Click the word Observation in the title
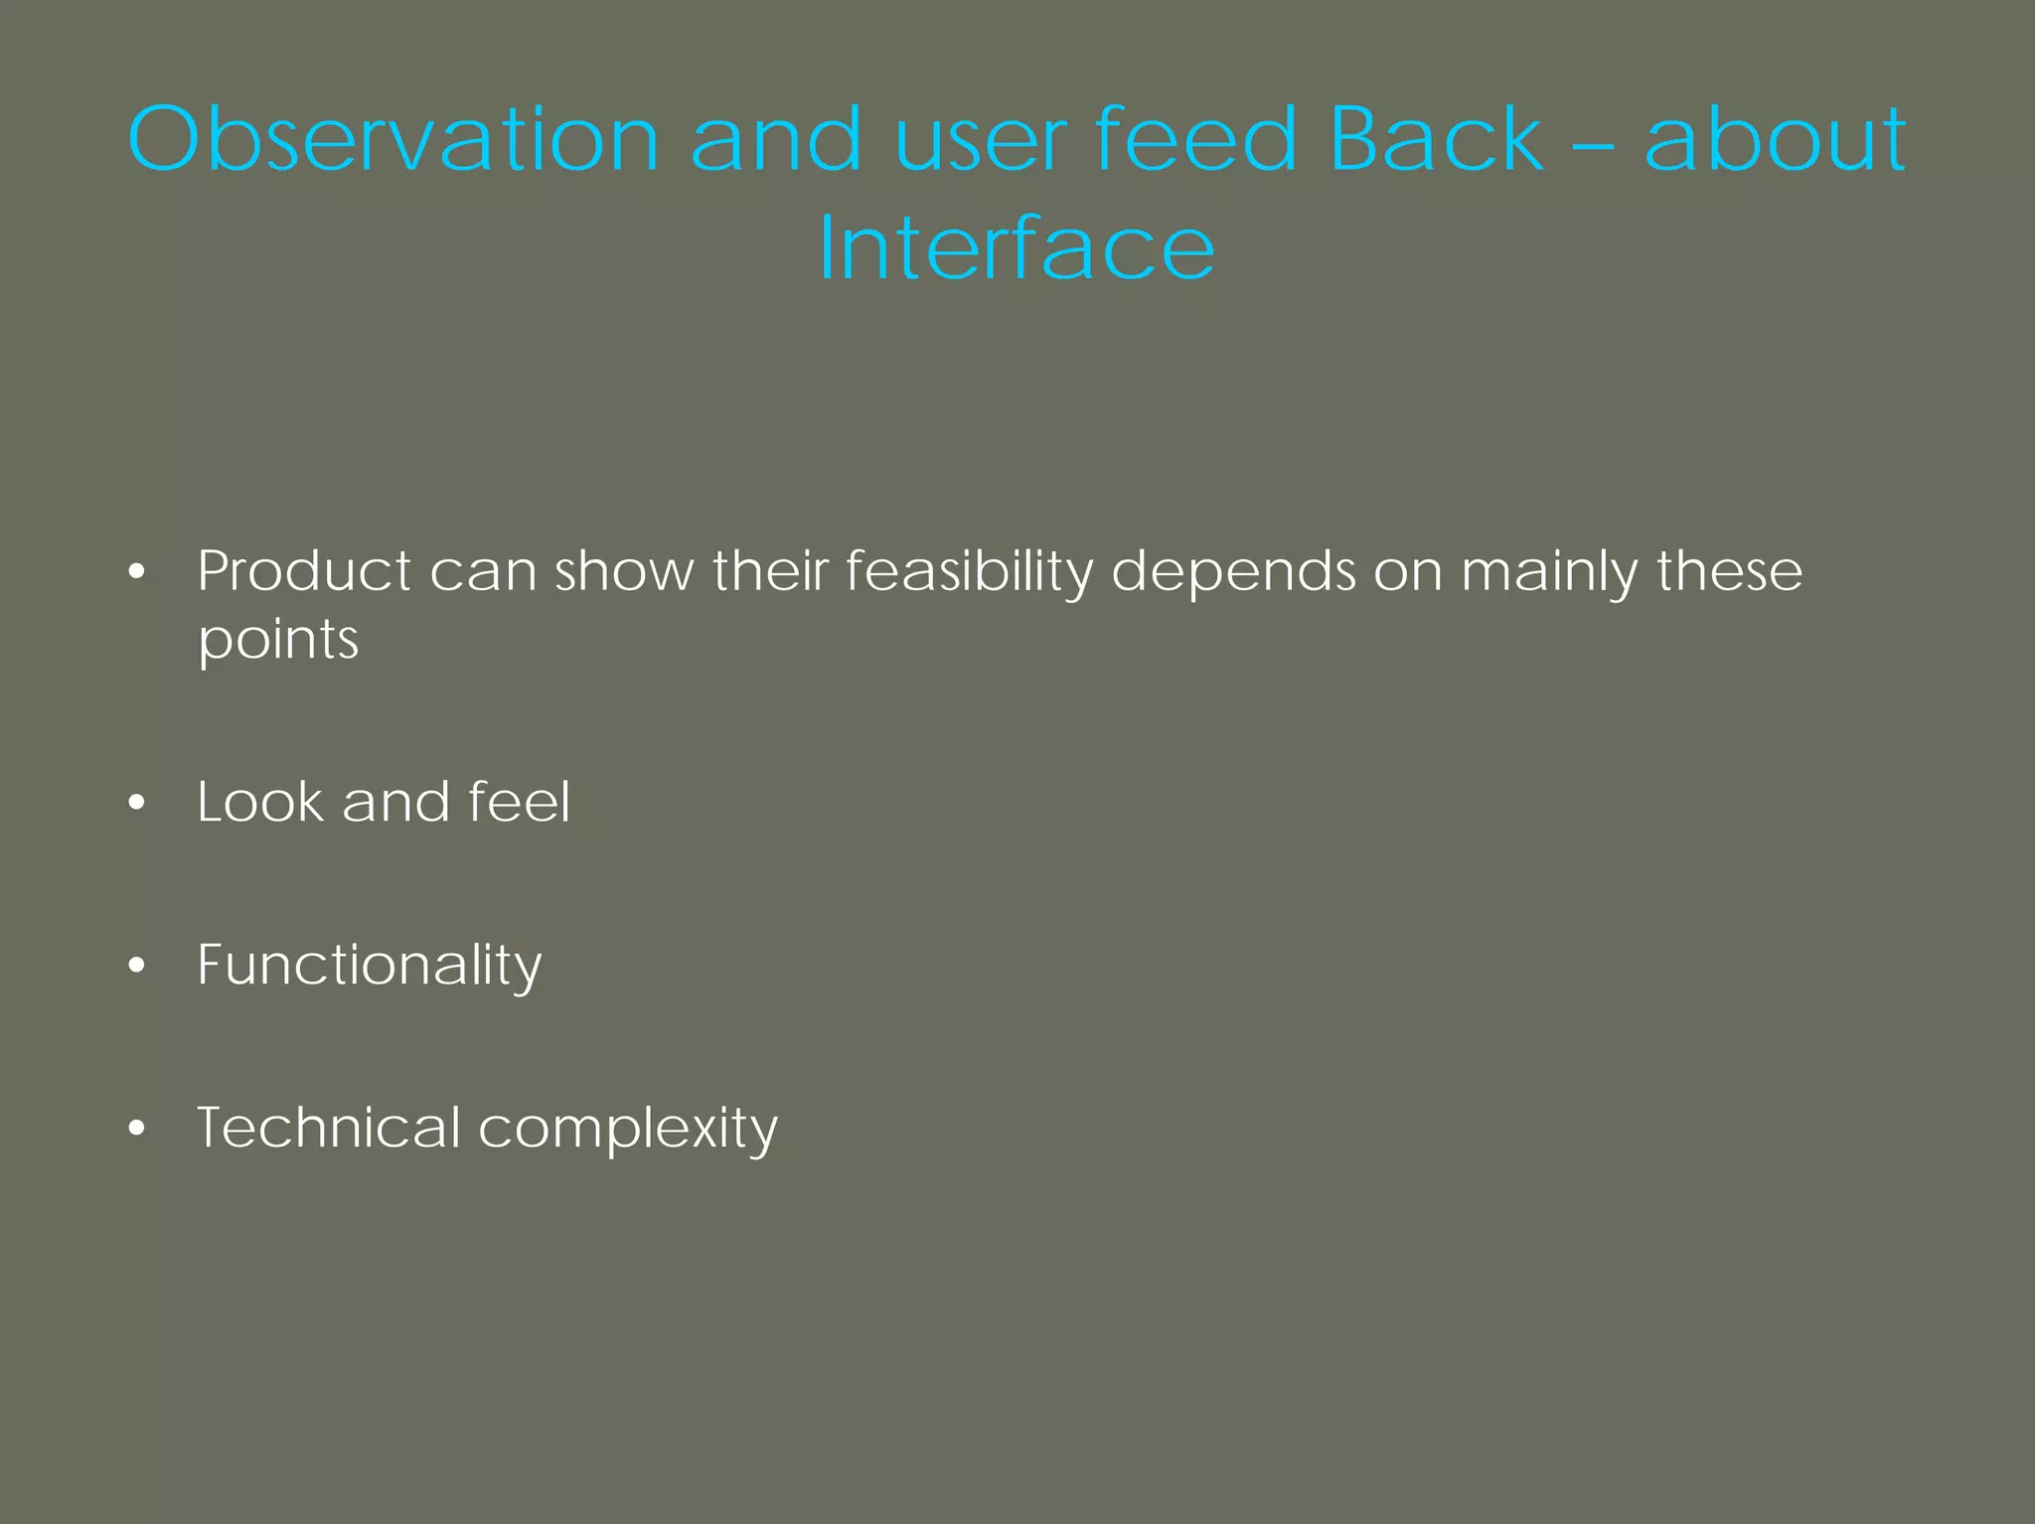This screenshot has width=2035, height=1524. (393, 139)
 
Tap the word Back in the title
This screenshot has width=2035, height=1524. (1436, 139)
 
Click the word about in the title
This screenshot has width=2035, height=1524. (1775, 139)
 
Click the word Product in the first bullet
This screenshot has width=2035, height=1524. (303, 571)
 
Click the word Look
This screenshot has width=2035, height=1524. (259, 802)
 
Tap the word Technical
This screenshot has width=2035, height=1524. (328, 1128)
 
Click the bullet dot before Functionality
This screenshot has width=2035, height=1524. (137, 965)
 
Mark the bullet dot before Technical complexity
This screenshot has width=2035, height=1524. (137, 1128)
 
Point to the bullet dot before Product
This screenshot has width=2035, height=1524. (137, 572)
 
